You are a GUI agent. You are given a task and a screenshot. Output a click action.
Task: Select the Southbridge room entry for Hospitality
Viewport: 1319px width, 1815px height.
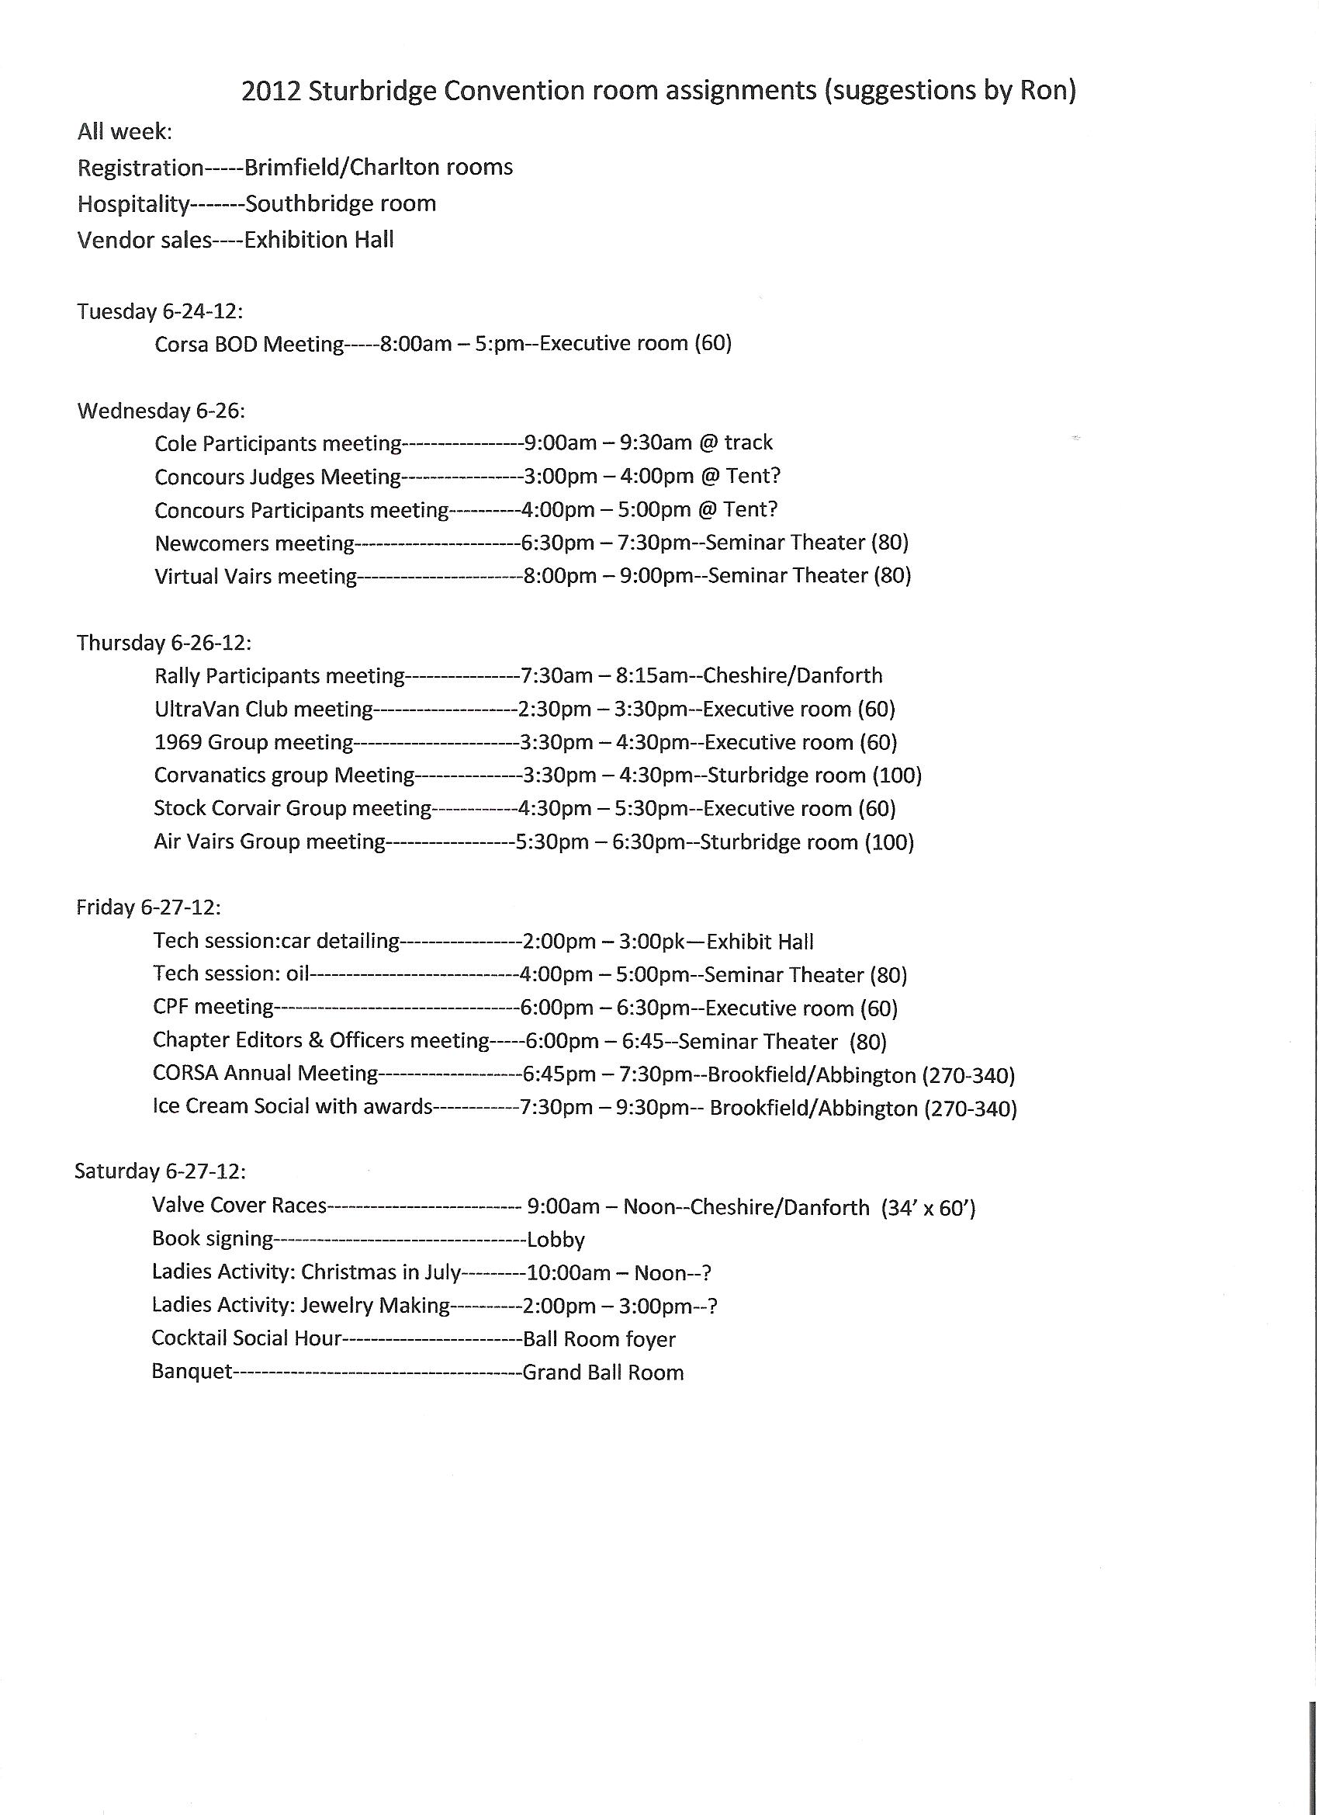341,204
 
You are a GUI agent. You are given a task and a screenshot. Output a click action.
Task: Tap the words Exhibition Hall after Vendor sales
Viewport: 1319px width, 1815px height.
319,240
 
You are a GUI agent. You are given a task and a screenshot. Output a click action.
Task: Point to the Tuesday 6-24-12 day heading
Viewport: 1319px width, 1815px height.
160,311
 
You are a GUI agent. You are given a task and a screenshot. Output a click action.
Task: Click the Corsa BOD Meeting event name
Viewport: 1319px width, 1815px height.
249,344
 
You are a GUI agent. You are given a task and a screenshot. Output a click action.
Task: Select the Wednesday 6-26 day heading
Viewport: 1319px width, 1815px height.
161,411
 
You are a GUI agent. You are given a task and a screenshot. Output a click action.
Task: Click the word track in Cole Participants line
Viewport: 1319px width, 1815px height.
749,442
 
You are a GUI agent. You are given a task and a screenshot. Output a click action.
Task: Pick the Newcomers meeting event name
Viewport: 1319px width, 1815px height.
254,543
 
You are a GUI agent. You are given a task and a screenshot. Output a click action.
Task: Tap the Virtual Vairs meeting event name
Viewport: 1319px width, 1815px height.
255,576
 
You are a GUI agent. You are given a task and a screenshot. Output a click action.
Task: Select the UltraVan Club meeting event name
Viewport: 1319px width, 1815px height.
264,709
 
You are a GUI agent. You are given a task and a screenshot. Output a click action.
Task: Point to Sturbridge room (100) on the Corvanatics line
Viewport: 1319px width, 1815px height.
814,776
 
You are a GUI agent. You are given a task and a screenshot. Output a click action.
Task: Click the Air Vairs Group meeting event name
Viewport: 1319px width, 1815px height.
269,842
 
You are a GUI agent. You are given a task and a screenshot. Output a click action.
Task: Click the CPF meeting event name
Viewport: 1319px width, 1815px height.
213,1007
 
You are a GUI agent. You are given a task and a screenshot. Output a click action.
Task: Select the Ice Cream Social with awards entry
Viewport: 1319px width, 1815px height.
292,1107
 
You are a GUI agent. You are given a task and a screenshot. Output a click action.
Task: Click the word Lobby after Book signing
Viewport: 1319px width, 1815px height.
556,1240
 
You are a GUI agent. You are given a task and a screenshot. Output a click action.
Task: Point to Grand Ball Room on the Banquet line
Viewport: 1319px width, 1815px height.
603,1373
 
